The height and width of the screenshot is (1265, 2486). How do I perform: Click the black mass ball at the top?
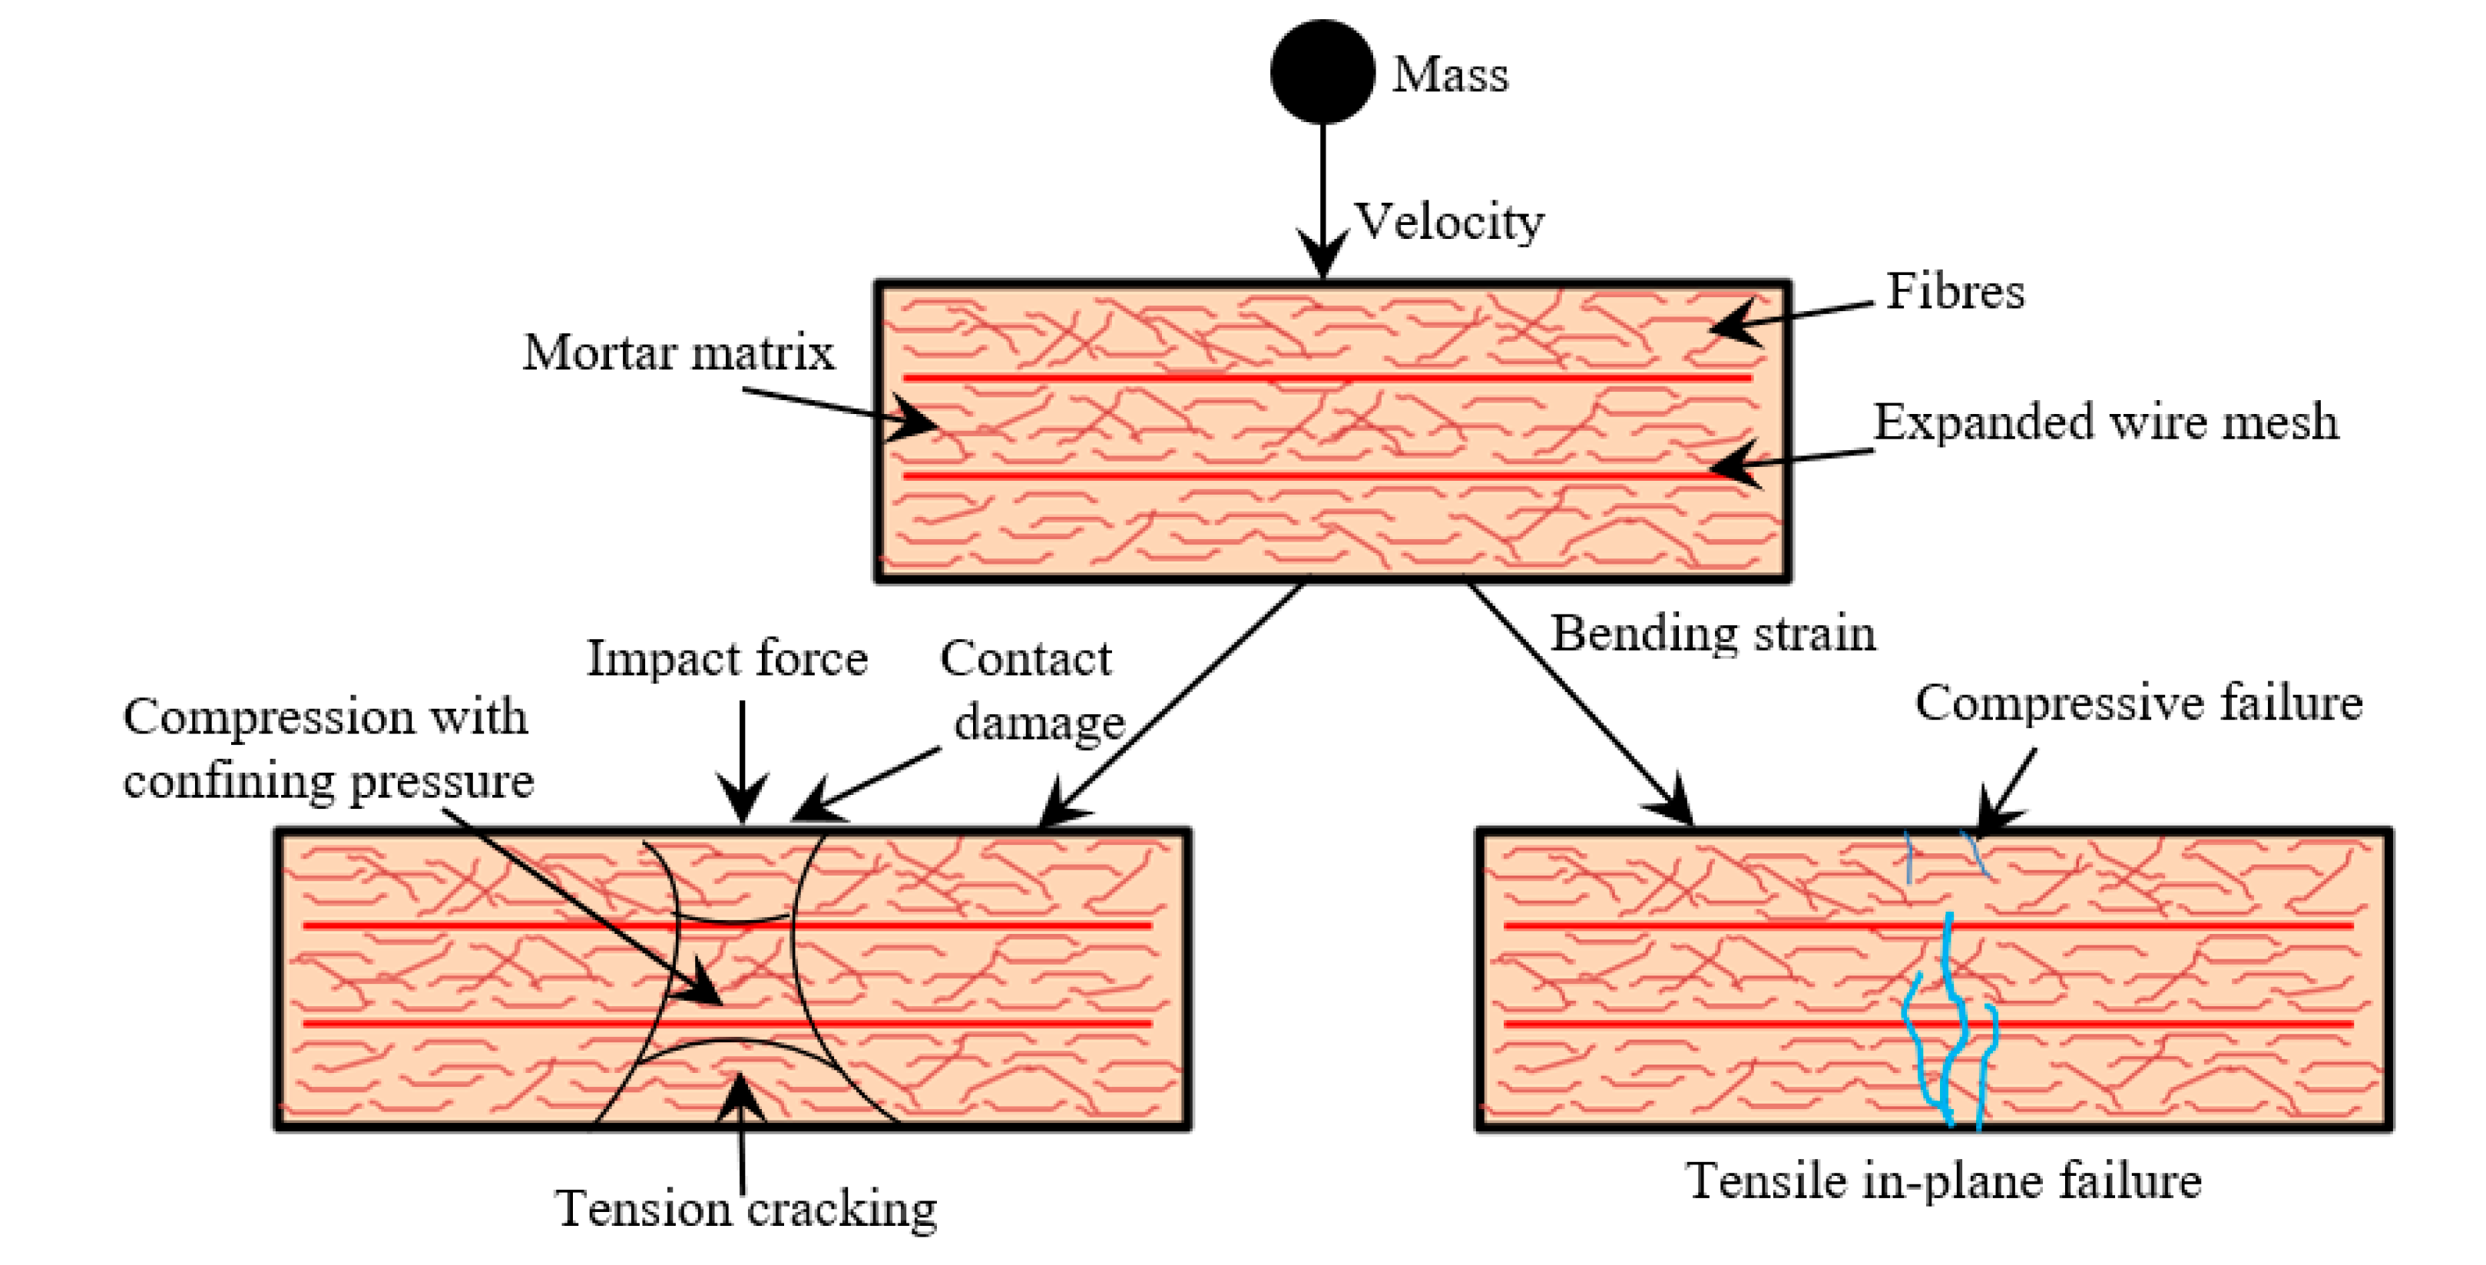click(1322, 71)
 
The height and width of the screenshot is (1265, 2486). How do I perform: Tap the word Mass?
click(1449, 75)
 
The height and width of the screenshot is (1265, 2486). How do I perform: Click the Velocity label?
click(1449, 222)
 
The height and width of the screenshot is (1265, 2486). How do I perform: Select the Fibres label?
click(1955, 291)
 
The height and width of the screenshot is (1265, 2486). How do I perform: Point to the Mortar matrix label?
click(678, 353)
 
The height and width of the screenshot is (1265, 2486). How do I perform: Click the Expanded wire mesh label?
click(2106, 422)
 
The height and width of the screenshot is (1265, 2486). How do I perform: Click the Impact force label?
click(727, 659)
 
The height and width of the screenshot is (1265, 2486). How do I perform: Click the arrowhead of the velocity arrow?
click(1322, 257)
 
